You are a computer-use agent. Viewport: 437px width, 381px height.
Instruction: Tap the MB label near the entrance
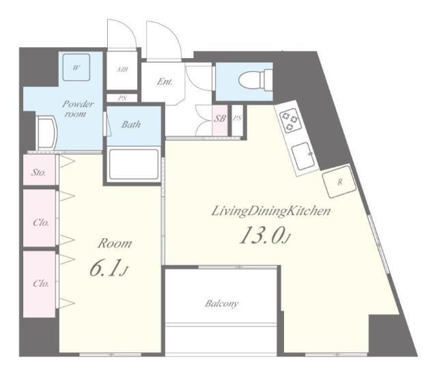point(123,70)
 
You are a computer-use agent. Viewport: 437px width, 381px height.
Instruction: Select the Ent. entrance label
point(165,82)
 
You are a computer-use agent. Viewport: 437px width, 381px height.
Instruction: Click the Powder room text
point(77,110)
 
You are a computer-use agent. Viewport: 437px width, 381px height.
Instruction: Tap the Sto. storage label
point(39,173)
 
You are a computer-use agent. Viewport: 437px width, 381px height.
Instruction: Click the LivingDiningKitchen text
point(270,212)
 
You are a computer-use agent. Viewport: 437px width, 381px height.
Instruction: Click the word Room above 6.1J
point(114,244)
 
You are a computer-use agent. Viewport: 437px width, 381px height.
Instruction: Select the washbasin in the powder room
point(46,131)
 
